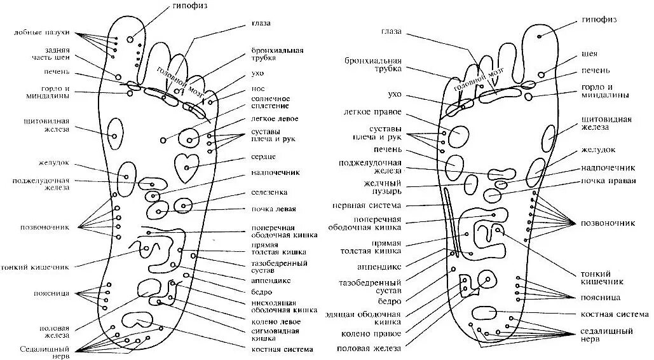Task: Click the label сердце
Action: pyautogui.click(x=263, y=156)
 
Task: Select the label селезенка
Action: pyautogui.click(x=269, y=191)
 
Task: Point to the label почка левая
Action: pyautogui.click(x=273, y=209)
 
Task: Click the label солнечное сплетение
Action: pyautogui.click(x=271, y=102)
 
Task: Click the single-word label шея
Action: pyautogui.click(x=589, y=54)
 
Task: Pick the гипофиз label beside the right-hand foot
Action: pyautogui.click(x=599, y=20)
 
